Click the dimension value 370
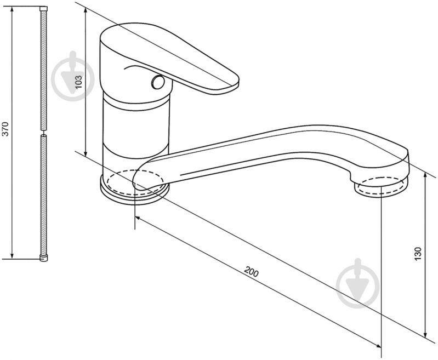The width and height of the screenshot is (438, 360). (6, 129)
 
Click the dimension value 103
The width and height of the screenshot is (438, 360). (79, 82)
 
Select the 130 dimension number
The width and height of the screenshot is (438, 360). (418, 254)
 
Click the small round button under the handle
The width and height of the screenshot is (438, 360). (158, 82)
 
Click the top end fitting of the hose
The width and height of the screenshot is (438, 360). (43, 9)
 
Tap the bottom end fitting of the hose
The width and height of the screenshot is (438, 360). (43, 258)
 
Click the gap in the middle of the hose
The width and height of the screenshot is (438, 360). (43, 133)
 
